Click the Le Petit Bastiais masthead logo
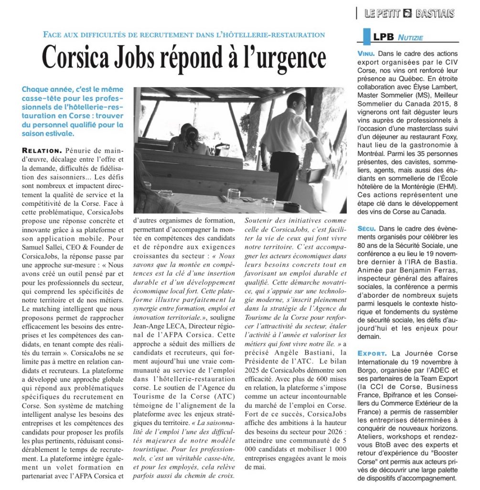click(x=409, y=13)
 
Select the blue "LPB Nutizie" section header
click(x=392, y=37)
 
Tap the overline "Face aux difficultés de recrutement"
click(x=184, y=35)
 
